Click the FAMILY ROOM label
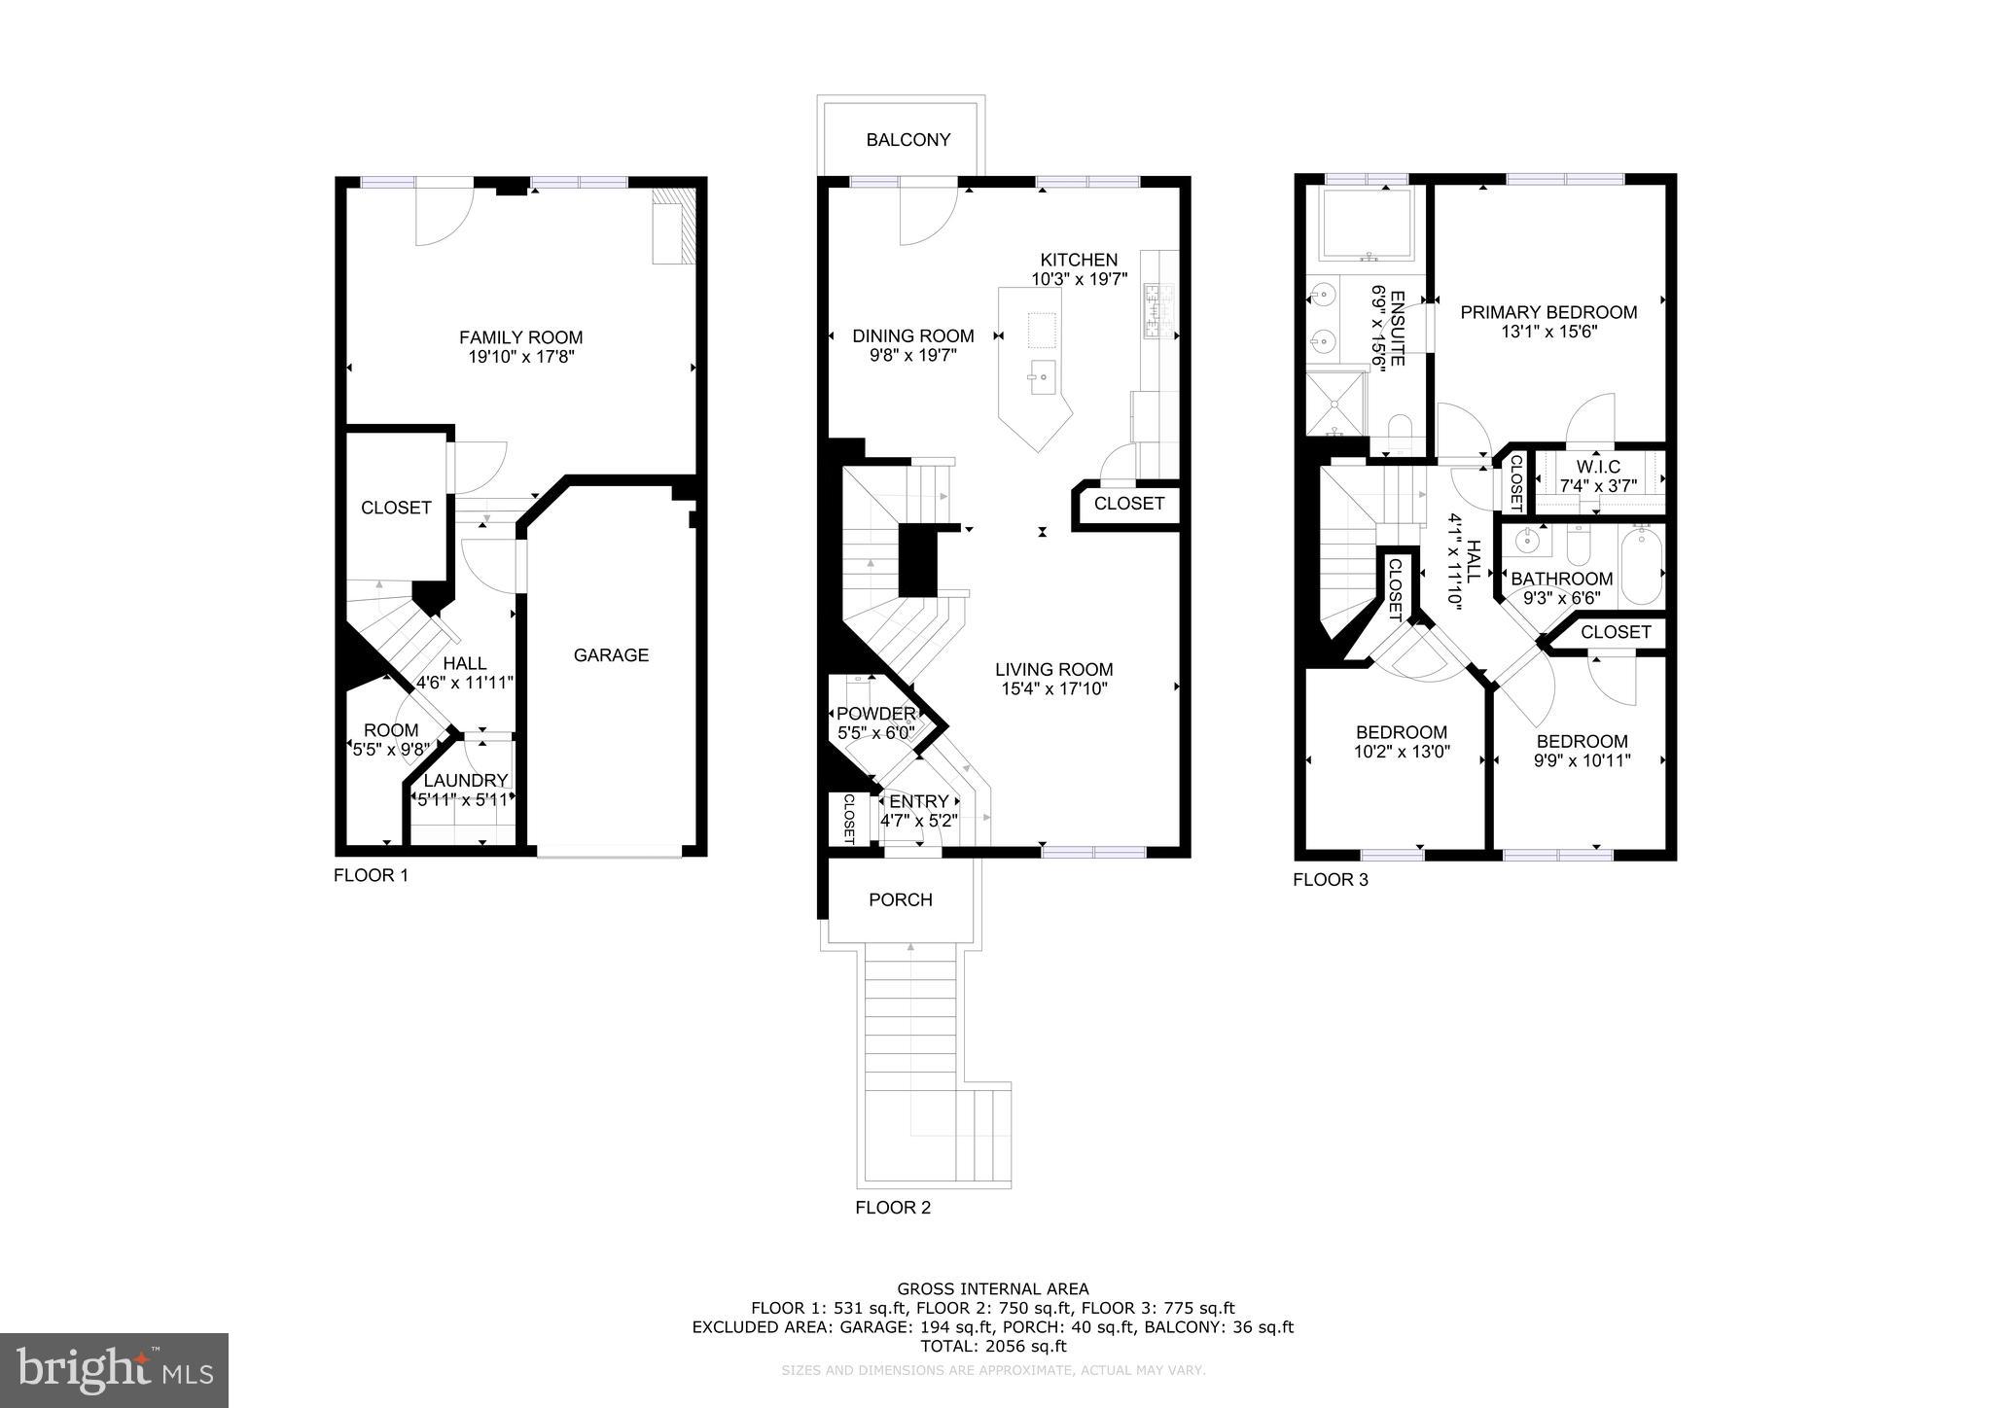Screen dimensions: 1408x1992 (520, 337)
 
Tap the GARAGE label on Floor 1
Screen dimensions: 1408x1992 (611, 655)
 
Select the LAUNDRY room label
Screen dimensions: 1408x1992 (465, 780)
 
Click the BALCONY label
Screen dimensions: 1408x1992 (908, 140)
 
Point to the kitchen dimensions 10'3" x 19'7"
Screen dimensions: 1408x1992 (1079, 279)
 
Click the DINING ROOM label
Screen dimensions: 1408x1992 (912, 336)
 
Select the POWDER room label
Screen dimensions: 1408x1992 (875, 714)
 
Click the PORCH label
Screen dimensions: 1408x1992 (900, 900)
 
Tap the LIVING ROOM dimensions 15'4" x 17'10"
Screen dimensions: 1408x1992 (1053, 689)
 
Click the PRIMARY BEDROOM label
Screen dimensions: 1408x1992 (1547, 312)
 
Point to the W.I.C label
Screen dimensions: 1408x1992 (1598, 467)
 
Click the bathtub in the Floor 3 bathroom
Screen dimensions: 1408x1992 (1641, 565)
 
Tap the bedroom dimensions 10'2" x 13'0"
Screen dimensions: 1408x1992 (1402, 752)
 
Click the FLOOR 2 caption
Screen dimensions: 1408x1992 (892, 1208)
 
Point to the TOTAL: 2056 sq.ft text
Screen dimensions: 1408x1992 (993, 1347)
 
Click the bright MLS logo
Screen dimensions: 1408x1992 (114, 1370)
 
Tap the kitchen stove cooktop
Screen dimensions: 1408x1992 (1158, 309)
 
